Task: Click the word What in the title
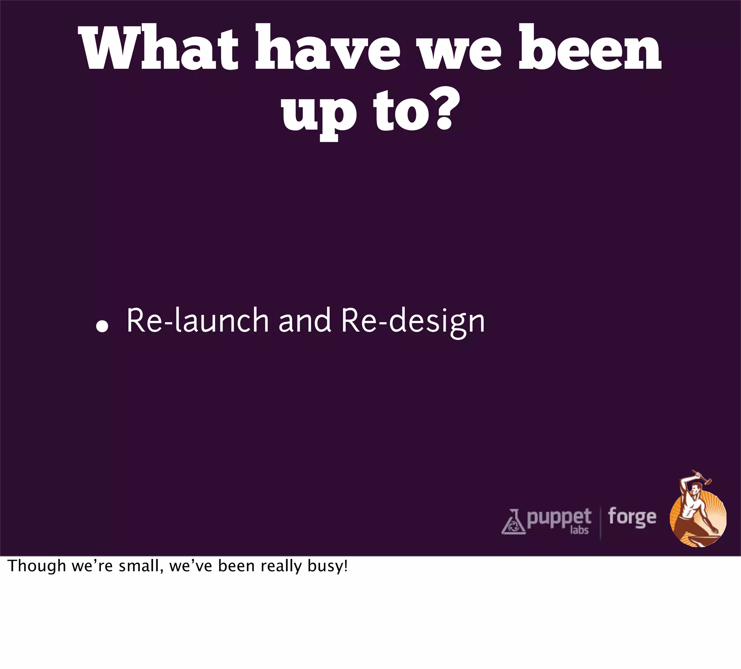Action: [x=158, y=48]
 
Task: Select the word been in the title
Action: [x=590, y=48]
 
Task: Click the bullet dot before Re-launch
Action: [x=102, y=327]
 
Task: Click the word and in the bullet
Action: [x=305, y=321]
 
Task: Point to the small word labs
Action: [x=579, y=530]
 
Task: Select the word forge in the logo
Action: [x=632, y=517]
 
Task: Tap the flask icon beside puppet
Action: [x=513, y=522]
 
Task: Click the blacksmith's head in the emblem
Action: [x=694, y=489]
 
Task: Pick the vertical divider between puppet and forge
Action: [x=600, y=523]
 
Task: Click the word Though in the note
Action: [x=37, y=567]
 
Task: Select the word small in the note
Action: [x=141, y=567]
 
